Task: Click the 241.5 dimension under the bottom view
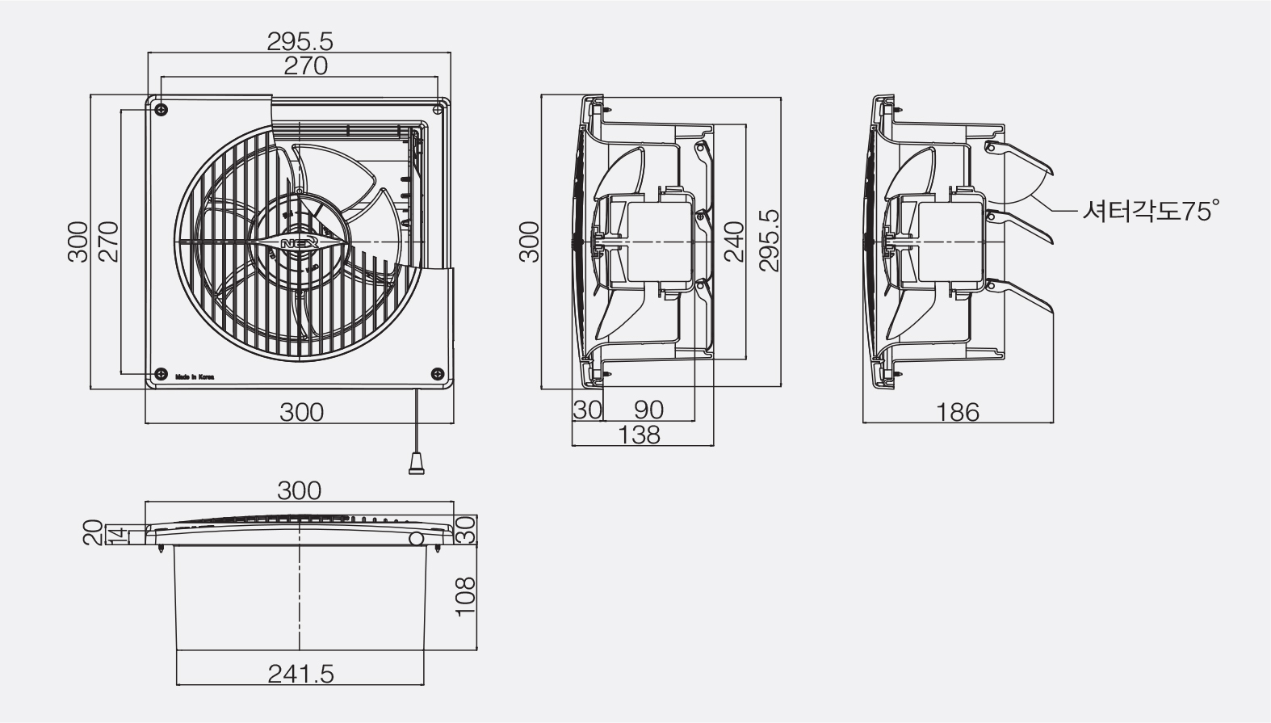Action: pyautogui.click(x=300, y=675)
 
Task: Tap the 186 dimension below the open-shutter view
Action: pyautogui.click(x=957, y=413)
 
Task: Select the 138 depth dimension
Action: pyautogui.click(x=639, y=435)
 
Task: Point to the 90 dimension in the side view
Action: pyautogui.click(x=648, y=410)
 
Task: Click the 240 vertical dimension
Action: pyautogui.click(x=734, y=242)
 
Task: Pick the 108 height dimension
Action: pyautogui.click(x=465, y=596)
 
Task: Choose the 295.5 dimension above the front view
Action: pyautogui.click(x=300, y=41)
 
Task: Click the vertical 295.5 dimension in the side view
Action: pyautogui.click(x=770, y=241)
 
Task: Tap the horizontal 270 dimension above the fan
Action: pyautogui.click(x=306, y=66)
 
